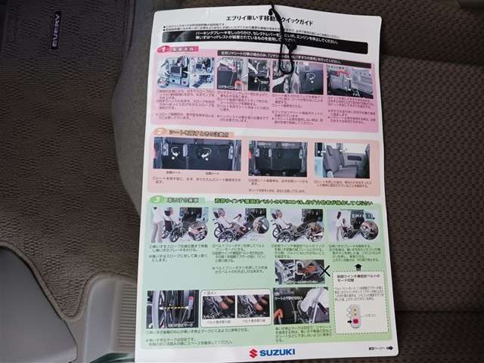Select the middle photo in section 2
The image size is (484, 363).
pos(277,158)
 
